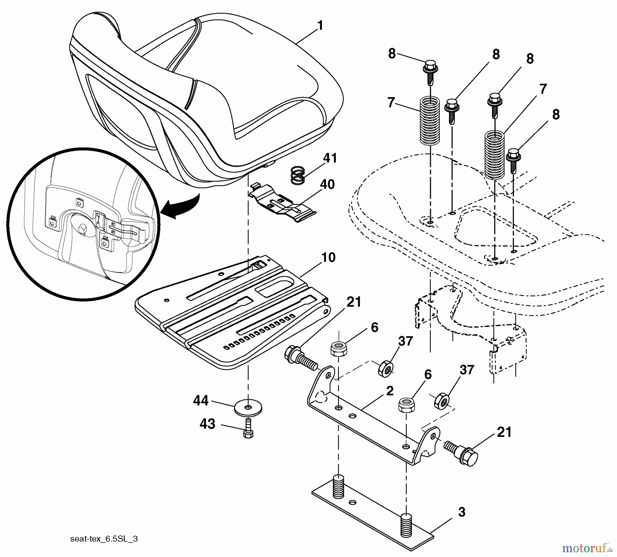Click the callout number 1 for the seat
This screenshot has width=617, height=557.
[320, 26]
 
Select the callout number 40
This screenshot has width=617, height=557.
[327, 185]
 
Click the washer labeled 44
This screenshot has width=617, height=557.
[248, 407]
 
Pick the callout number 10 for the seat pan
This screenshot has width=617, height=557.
[328, 258]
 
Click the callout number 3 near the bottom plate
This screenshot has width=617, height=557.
[461, 512]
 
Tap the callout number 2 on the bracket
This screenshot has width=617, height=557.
[390, 391]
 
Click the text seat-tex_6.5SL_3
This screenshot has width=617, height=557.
[104, 539]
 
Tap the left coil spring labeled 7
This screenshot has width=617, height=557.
[430, 120]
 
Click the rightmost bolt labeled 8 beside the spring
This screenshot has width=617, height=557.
[513, 159]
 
